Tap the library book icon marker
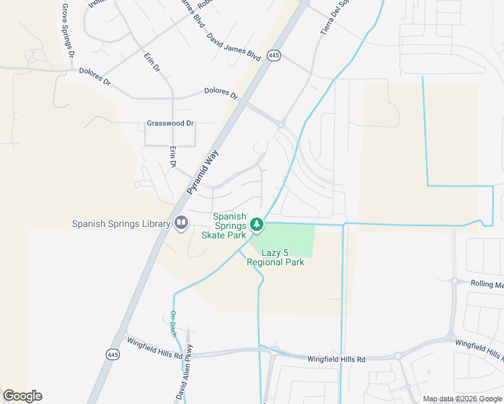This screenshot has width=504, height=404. coord(181,223)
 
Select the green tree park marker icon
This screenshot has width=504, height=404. coord(256,224)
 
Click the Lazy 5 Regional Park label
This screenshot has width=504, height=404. coord(275,257)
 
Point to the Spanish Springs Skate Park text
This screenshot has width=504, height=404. coord(229,226)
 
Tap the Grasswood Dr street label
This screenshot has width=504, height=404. coord(170,124)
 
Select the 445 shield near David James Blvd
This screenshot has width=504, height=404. coord(273,57)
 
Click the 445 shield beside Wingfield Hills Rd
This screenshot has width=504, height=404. coord(113,353)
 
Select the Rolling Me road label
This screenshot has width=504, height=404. coord(486,284)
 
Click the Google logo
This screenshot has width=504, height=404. coord(22,396)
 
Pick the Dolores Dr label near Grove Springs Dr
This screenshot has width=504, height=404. coord(94,75)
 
